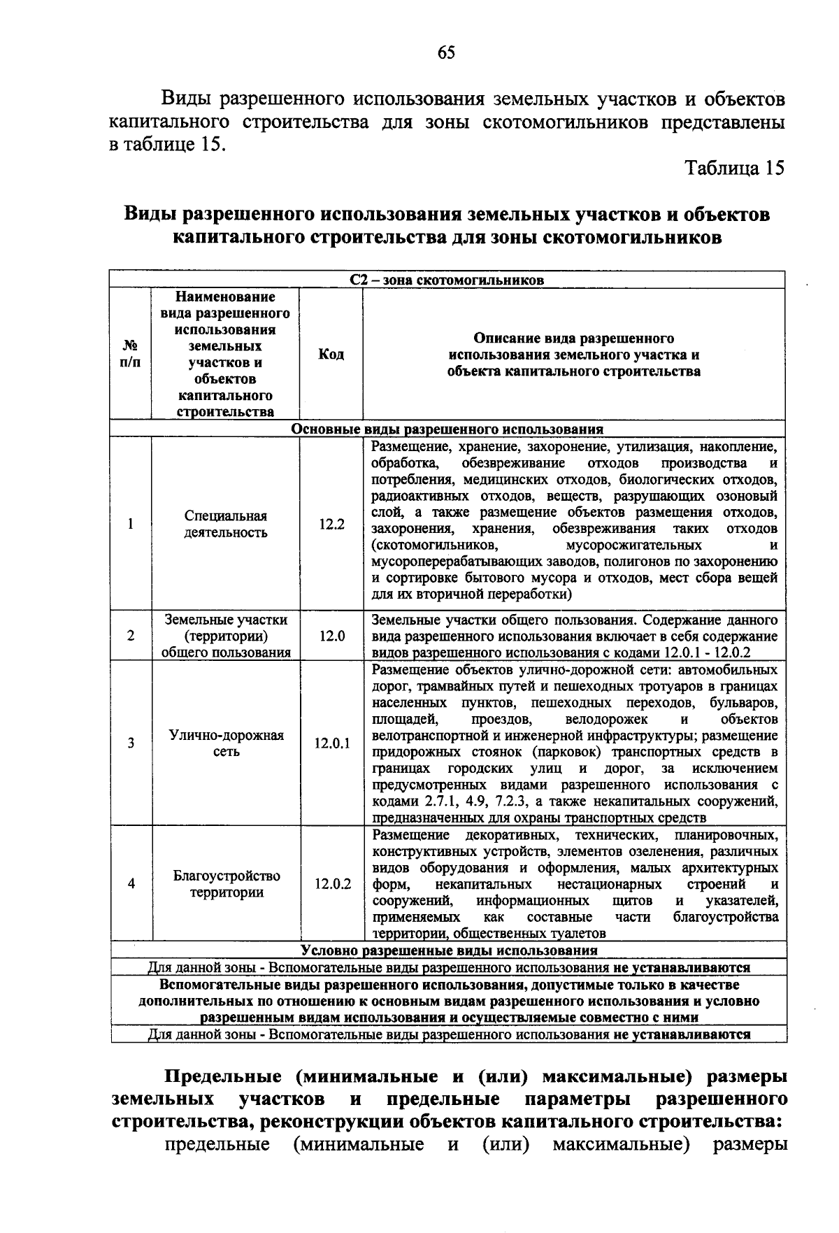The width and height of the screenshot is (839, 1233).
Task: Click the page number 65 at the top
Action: [x=446, y=53]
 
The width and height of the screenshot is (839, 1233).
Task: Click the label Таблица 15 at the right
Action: [x=734, y=168]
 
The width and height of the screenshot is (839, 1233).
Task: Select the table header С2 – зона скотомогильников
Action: [x=447, y=280]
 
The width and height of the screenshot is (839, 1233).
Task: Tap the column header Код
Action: [x=331, y=355]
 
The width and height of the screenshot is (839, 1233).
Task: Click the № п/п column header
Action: [x=131, y=354]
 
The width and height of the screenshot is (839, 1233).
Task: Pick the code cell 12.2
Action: [x=331, y=524]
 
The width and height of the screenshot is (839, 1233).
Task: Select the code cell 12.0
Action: [x=331, y=636]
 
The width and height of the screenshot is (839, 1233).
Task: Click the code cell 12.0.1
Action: [x=331, y=743]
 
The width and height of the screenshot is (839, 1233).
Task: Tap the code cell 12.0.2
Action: [x=331, y=884]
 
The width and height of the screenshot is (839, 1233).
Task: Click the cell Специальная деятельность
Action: [x=226, y=525]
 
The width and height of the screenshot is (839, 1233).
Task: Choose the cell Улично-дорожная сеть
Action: [x=226, y=743]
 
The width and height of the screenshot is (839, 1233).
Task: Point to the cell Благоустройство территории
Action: [x=226, y=884]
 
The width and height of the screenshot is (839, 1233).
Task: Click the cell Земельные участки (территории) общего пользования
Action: [x=226, y=636]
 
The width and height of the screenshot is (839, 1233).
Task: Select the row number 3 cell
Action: [x=131, y=743]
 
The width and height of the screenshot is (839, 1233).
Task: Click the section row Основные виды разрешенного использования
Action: [x=447, y=429]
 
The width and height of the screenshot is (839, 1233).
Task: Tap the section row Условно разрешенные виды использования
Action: [x=448, y=950]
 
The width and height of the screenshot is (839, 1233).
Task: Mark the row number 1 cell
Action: [x=131, y=524]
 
